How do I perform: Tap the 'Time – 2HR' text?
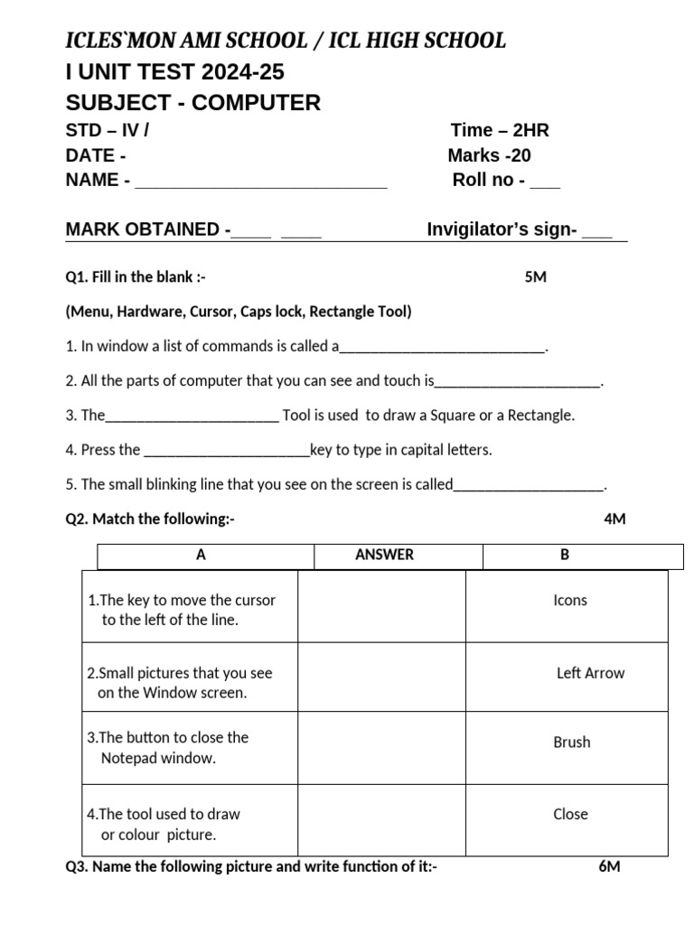[500, 130]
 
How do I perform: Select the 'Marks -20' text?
[489, 155]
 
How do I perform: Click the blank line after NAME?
[260, 182]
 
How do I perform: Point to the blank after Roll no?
[545, 182]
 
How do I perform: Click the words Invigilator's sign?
[502, 229]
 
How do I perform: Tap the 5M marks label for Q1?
[535, 277]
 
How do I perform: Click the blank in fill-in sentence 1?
[442, 347]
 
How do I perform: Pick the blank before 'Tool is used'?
[192, 416]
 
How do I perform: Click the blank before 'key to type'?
[227, 451]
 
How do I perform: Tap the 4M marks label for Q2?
[614, 519]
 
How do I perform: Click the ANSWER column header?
[384, 555]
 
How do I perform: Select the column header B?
[565, 555]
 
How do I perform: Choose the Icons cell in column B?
[569, 600]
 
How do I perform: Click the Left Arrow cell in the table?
[590, 673]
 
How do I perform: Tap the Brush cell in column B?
[571, 743]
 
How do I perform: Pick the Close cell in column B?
[570, 814]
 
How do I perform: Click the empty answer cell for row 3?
[381, 747]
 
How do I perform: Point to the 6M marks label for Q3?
[609, 867]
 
